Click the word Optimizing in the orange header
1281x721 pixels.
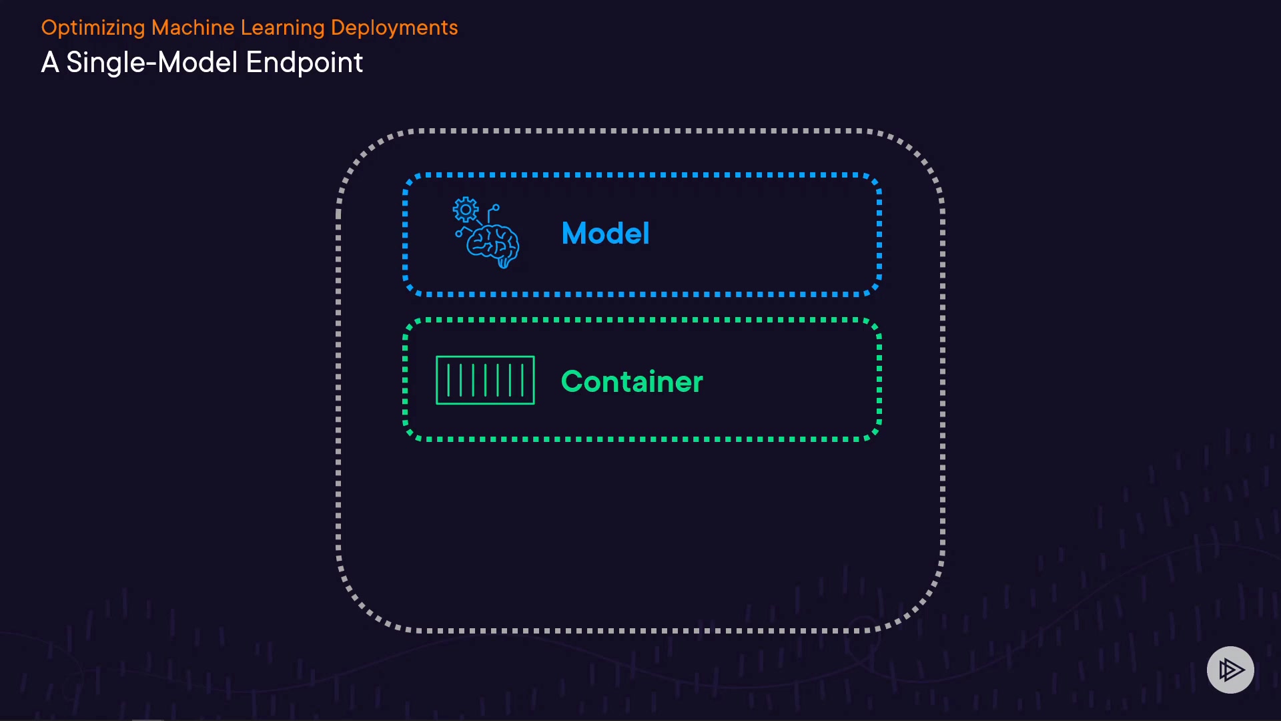pos(93,28)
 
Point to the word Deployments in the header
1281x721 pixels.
pos(394,28)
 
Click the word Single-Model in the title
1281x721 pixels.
pos(152,63)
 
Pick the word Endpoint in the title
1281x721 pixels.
pos(304,63)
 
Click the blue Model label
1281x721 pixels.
pos(605,234)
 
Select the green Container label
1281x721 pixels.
pos(632,382)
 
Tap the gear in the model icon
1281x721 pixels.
pos(466,210)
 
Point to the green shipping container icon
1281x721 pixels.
pos(485,380)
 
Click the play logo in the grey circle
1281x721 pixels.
pos(1230,670)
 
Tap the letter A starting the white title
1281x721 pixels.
pos(50,63)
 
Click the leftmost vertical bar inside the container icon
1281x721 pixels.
pos(448,380)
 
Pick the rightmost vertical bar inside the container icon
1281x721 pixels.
pos(522,380)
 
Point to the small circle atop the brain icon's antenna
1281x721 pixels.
pos(496,208)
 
